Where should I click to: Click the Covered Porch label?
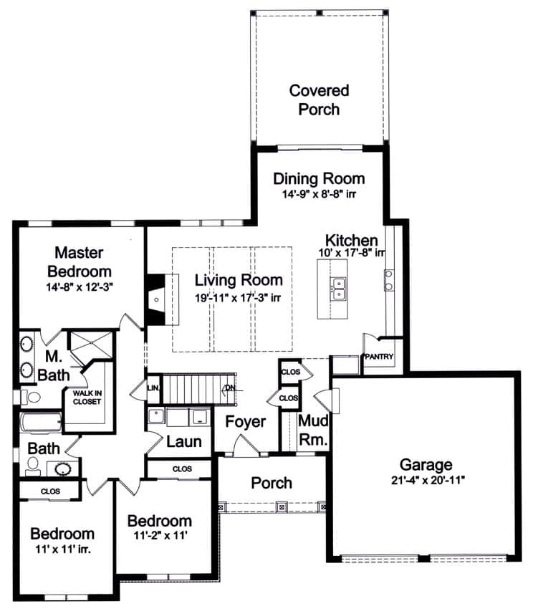pyautogui.click(x=319, y=100)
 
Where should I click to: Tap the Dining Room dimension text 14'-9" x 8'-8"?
pyautogui.click(x=319, y=194)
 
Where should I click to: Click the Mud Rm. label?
pyautogui.click(x=313, y=429)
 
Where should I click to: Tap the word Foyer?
pyautogui.click(x=246, y=422)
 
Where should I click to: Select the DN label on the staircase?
pyautogui.click(x=229, y=388)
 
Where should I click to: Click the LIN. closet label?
pyautogui.click(x=153, y=388)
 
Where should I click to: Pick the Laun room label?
pyautogui.click(x=184, y=442)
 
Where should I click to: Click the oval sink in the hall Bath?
pyautogui.click(x=62, y=469)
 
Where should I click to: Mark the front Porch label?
pyautogui.click(x=272, y=483)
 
